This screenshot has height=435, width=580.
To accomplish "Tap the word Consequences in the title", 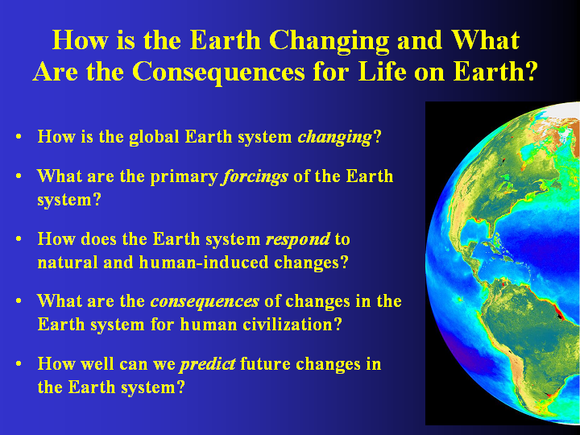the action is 218,72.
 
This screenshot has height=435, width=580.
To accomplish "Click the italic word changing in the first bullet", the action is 334,138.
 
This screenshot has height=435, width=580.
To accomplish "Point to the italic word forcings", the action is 255,176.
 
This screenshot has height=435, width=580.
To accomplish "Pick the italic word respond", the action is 298,240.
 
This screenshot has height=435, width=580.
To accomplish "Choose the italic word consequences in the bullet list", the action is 205,302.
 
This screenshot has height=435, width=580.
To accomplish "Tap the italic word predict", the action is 207,364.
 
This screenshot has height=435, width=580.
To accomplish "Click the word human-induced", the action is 204,263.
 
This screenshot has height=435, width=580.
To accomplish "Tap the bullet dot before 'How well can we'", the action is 19,364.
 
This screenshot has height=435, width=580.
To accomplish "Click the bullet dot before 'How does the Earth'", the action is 19,239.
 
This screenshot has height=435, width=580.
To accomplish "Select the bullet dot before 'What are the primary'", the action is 19,176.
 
